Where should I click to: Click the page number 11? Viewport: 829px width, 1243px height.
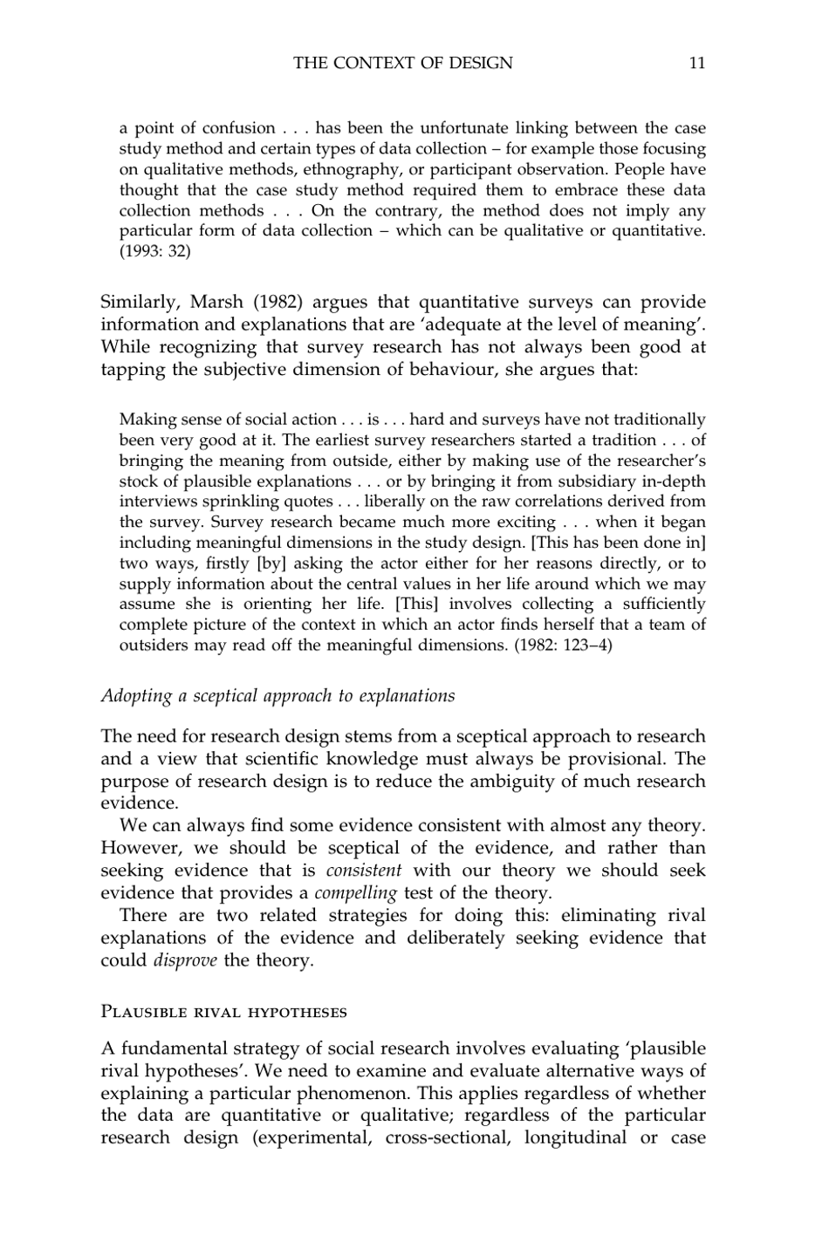(x=696, y=63)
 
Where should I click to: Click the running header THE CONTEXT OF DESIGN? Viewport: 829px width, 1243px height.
(x=403, y=63)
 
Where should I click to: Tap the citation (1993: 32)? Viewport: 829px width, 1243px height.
(x=154, y=252)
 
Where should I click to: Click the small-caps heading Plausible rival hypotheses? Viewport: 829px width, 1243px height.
(x=224, y=1013)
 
